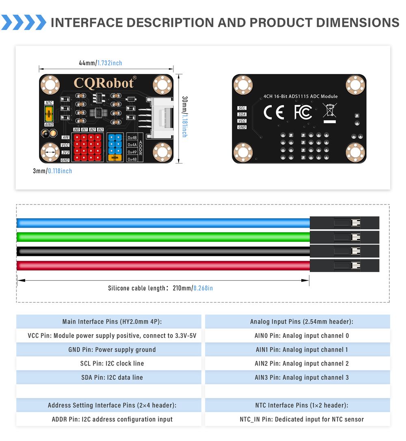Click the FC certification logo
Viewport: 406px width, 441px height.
(x=303, y=112)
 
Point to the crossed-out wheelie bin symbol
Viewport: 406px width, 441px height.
(x=330, y=110)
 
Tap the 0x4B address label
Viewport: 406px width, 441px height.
(x=132, y=138)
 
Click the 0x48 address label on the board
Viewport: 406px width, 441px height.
(x=132, y=159)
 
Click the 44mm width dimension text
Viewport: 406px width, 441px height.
(x=100, y=63)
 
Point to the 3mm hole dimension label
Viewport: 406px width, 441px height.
(x=52, y=171)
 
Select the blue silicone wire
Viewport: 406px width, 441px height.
(x=162, y=222)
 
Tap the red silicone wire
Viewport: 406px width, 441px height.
(x=162, y=266)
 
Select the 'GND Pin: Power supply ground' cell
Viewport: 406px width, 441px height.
(x=108, y=350)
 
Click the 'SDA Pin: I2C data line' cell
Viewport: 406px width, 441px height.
(x=108, y=377)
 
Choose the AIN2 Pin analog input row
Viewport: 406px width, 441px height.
(x=298, y=364)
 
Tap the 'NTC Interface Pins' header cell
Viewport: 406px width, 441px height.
(x=298, y=405)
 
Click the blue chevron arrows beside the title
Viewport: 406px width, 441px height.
(x=24, y=22)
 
